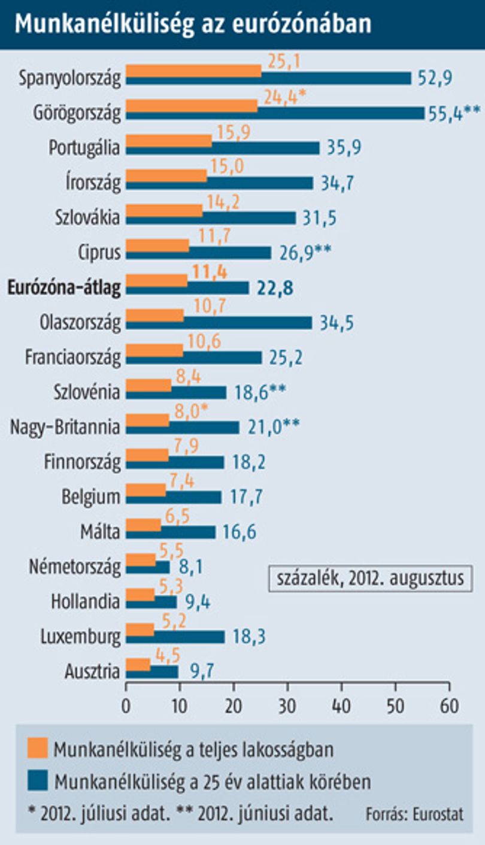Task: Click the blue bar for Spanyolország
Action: click(x=268, y=78)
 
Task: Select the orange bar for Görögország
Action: click(x=192, y=106)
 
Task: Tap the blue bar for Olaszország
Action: click(x=219, y=323)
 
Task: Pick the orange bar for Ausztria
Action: click(x=138, y=665)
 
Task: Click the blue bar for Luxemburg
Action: click(x=175, y=637)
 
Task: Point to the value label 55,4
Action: click(x=445, y=114)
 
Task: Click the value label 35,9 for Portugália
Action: click(x=344, y=147)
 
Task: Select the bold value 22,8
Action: click(x=275, y=288)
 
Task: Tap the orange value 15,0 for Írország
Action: click(x=228, y=166)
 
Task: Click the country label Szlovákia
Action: click(x=87, y=217)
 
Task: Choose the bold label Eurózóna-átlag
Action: click(x=64, y=287)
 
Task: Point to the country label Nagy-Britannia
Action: click(x=65, y=427)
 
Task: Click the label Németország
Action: click(x=75, y=567)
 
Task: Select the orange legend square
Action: click(x=38, y=747)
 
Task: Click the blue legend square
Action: click(x=38, y=780)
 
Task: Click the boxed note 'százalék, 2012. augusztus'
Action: click(x=370, y=579)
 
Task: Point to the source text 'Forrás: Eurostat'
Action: click(x=414, y=814)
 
